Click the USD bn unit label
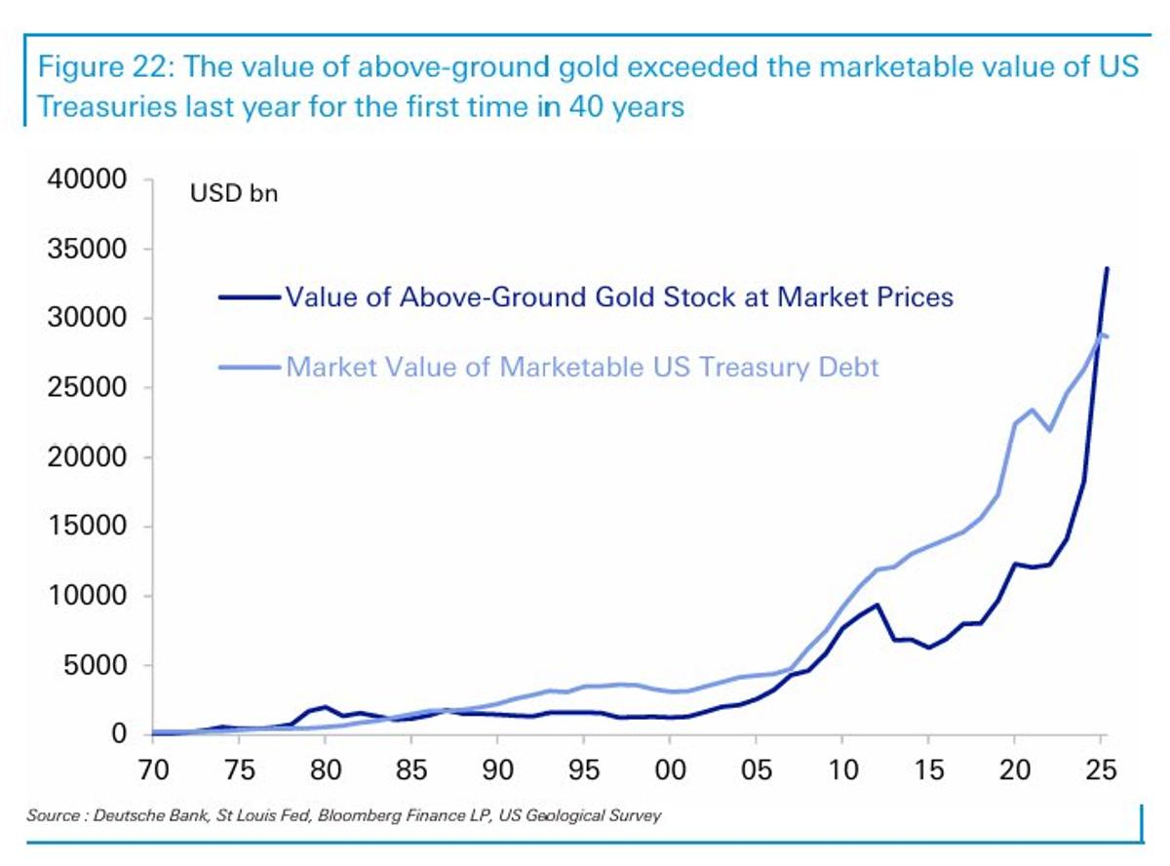click(233, 193)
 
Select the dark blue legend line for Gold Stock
click(249, 296)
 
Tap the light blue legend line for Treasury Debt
click(249, 368)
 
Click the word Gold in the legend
click(560, 296)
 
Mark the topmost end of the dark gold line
click(1107, 268)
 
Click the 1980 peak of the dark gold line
click(326, 706)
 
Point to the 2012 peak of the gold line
click(877, 605)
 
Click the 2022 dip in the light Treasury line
click(1049, 430)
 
